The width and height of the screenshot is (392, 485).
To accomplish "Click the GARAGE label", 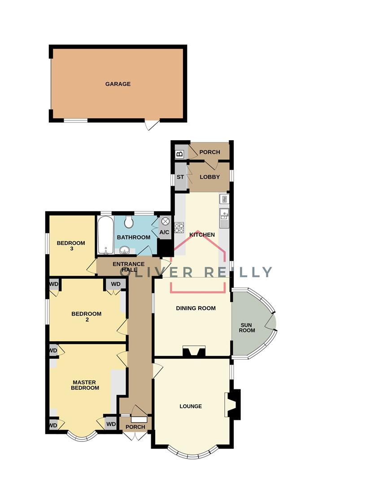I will pyautogui.click(x=118, y=84).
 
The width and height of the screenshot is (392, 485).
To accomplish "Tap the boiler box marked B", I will pyautogui.click(x=180, y=154).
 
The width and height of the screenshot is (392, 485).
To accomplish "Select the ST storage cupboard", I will pyautogui.click(x=180, y=177).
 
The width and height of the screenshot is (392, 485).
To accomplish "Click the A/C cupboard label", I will pyautogui.click(x=165, y=232).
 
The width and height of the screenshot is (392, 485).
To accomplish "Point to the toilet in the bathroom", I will pyautogui.click(x=129, y=221).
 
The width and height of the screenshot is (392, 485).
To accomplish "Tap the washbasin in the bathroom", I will pyautogui.click(x=124, y=250).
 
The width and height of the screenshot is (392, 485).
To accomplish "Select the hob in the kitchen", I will pyautogui.click(x=179, y=228).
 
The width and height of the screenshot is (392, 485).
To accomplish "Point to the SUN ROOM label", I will pyautogui.click(x=247, y=327).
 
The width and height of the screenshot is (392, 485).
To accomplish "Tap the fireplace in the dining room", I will pyautogui.click(x=194, y=352).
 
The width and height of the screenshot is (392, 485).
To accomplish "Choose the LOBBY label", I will pyautogui.click(x=209, y=177).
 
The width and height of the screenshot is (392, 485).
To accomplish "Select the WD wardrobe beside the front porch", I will pyautogui.click(x=111, y=423).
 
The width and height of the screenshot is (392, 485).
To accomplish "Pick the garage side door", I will pyautogui.click(x=152, y=124).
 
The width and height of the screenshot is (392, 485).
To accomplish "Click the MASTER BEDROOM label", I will pyautogui.click(x=85, y=385).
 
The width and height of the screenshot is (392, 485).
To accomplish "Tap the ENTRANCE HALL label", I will pyautogui.click(x=129, y=267).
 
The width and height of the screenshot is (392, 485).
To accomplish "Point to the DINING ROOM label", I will pyautogui.click(x=196, y=309).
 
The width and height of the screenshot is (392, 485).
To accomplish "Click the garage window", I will pyautogui.click(x=75, y=120).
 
